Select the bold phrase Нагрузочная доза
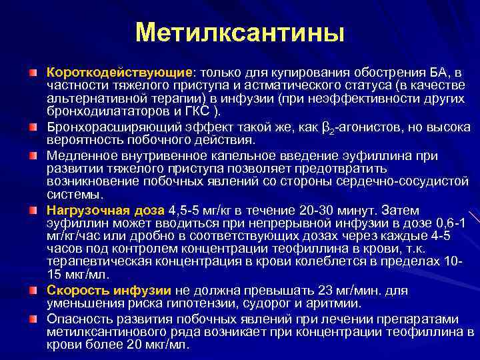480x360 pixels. click(105, 211)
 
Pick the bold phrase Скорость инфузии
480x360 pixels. click(109, 291)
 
